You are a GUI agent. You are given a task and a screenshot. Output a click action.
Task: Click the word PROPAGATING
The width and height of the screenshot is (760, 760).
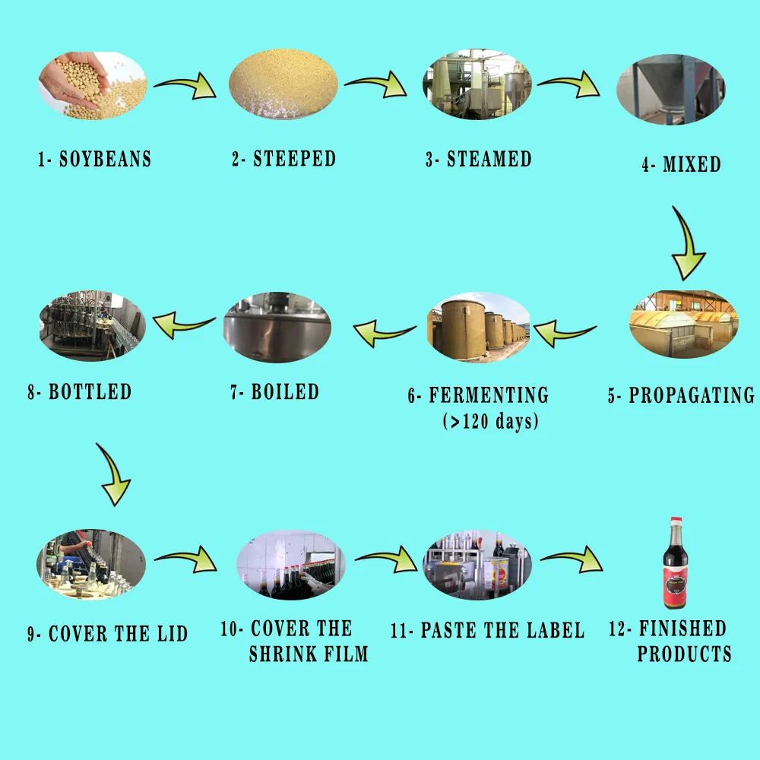pyautogui.click(x=691, y=395)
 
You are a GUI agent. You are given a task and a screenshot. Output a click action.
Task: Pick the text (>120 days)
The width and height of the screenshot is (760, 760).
pyautogui.click(x=490, y=420)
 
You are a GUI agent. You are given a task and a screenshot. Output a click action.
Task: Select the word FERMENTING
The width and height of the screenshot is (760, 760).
pyautogui.click(x=489, y=395)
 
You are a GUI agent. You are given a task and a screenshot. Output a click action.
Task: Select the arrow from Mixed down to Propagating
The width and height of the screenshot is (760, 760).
pyautogui.click(x=690, y=243)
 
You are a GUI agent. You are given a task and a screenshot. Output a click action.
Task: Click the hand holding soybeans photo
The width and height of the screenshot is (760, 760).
pyautogui.click(x=93, y=85)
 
